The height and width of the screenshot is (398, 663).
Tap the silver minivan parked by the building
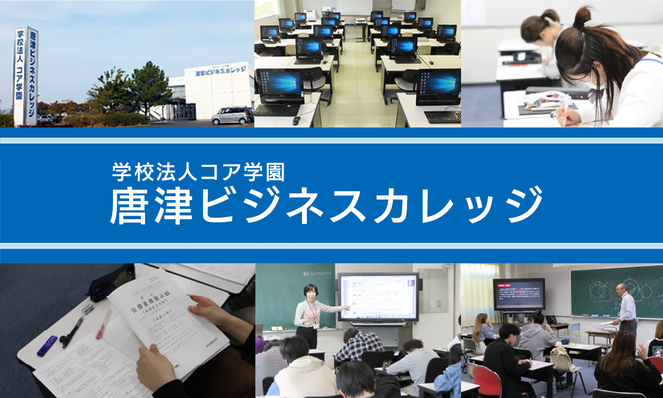pos(232,115)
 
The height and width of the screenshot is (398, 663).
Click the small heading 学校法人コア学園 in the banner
pos(198,172)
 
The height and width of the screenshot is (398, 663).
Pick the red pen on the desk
pos(103,324)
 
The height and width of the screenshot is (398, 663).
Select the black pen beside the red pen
pos(72,332)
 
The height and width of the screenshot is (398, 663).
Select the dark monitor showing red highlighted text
pos(518,294)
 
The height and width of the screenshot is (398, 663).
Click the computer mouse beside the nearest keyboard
pos(296,121)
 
